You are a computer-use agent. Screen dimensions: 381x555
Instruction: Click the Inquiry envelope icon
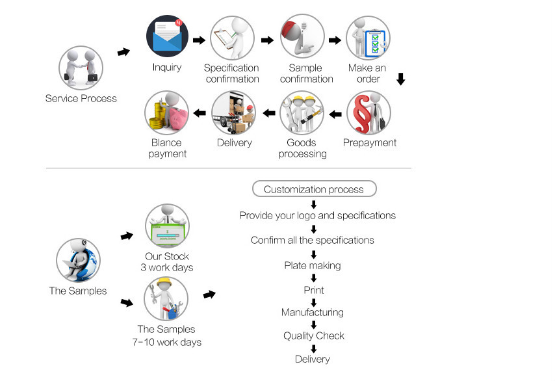coord(167,38)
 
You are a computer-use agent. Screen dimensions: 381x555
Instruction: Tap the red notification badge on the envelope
coord(179,24)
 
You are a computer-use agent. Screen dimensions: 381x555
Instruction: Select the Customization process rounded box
coord(314,189)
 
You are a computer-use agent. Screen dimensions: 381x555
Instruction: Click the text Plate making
coord(313,265)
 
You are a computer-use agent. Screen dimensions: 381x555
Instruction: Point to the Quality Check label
coord(313,335)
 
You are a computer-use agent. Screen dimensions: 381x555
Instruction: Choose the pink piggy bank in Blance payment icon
coord(175,116)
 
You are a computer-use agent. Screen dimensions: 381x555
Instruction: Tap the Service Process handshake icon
coord(81,68)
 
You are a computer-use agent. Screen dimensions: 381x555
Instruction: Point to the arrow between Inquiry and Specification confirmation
coord(200,40)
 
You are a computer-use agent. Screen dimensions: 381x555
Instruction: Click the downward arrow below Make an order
coord(400,79)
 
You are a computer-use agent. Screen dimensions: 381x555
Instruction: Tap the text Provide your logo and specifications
coord(317,215)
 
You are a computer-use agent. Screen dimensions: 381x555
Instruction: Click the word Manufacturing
coord(313,312)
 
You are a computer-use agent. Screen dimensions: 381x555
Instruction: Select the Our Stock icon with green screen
coord(167,226)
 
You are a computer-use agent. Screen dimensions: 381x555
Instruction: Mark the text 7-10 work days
coord(166,342)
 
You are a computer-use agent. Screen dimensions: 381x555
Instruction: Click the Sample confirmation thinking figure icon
coord(302,38)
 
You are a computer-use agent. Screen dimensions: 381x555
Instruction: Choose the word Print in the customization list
coord(314,290)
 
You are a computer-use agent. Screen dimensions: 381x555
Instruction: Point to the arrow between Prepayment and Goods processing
coord(335,114)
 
